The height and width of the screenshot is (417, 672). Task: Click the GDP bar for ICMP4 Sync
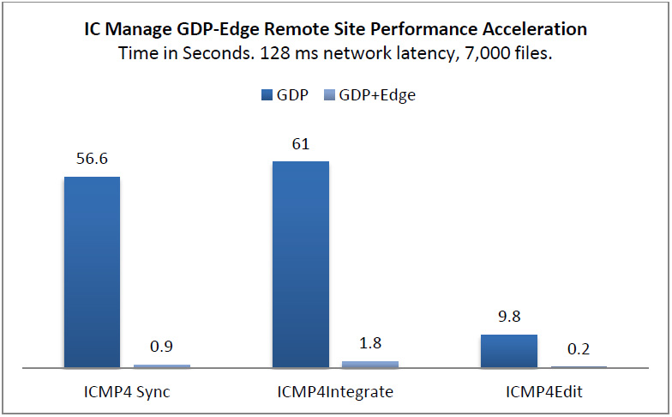coord(92,272)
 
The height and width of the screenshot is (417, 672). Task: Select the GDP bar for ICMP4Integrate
coord(301,264)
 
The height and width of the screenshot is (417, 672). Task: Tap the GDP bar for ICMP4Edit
coord(509,351)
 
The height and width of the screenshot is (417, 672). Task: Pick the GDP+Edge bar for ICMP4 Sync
coord(162,366)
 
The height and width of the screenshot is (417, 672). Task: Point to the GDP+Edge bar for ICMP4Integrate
coord(370,364)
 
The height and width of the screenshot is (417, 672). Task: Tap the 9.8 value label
coord(509,317)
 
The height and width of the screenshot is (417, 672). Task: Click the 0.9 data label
coord(162,348)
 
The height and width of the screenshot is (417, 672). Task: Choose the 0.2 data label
coord(579,350)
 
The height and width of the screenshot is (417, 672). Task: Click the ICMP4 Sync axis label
coord(127,392)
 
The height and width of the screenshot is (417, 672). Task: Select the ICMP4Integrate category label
coord(335,392)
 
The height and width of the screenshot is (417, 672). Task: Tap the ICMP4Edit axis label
coord(544,392)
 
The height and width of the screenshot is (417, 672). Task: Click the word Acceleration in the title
coord(535,29)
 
